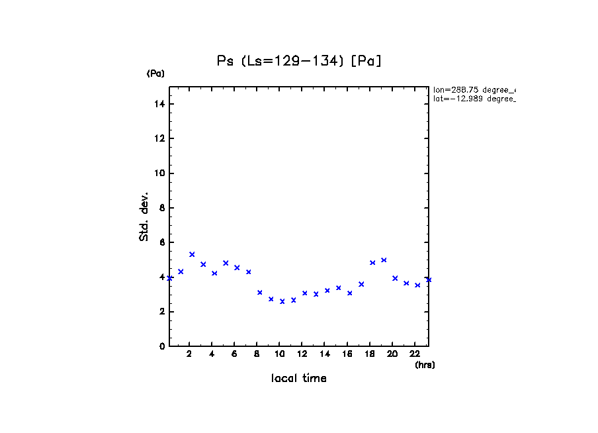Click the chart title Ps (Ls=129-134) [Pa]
(300, 61)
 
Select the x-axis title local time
(298, 379)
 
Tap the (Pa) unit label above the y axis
(155, 73)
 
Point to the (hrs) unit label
(425, 365)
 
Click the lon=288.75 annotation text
(474, 89)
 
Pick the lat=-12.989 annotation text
(474, 99)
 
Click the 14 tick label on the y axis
(160, 105)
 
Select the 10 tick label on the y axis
(160, 173)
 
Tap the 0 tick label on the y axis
(162, 346)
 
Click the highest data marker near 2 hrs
(192, 254)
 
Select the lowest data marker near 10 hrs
(282, 301)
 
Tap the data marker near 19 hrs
(384, 260)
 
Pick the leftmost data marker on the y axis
(169, 278)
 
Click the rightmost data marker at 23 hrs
(429, 279)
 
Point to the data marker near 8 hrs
(260, 292)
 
